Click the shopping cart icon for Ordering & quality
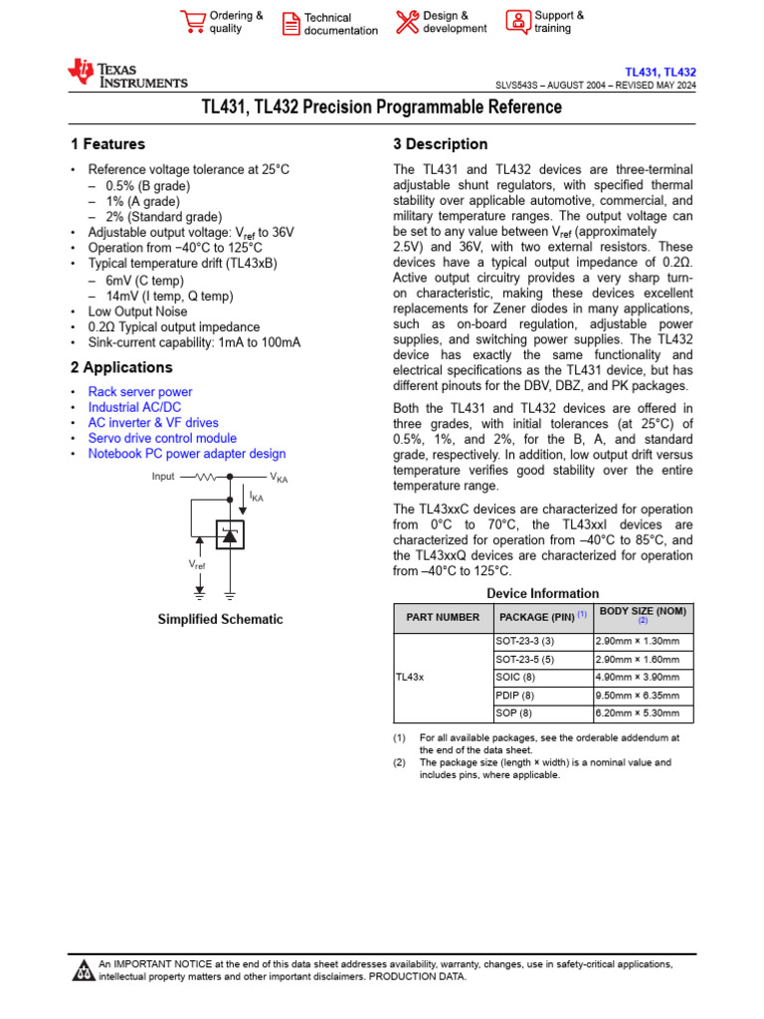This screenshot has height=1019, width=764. click(192, 22)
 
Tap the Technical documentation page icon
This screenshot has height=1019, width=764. click(290, 24)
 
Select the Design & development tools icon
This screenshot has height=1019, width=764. click(407, 22)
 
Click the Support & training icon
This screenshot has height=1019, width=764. click(518, 22)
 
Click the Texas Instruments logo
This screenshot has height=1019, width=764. click(126, 75)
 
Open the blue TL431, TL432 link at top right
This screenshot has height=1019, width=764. click(660, 73)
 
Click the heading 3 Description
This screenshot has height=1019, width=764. click(441, 144)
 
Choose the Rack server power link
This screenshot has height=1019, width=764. click(140, 392)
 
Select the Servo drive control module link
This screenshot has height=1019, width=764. click(162, 438)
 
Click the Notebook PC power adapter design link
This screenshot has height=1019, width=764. click(187, 454)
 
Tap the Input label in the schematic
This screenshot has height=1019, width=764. click(163, 477)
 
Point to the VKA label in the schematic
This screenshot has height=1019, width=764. click(279, 479)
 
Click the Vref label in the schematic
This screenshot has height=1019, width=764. click(198, 564)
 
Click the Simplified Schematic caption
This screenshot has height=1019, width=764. click(220, 619)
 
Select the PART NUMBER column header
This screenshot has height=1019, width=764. click(443, 617)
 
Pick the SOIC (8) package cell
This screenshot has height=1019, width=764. click(514, 677)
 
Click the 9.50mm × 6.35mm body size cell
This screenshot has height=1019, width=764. click(637, 696)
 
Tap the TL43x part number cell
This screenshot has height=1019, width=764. click(410, 677)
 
